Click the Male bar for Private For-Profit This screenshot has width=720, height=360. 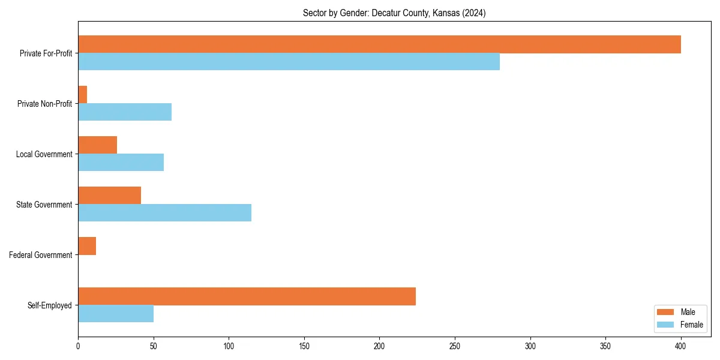(x=379, y=44)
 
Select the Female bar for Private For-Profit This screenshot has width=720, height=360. (x=289, y=62)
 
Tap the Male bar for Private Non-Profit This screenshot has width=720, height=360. (x=83, y=95)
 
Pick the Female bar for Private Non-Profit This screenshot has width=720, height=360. (x=125, y=112)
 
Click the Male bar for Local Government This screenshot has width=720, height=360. (x=97, y=145)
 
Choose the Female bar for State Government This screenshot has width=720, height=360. (x=164, y=213)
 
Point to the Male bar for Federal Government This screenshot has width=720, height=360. (x=87, y=246)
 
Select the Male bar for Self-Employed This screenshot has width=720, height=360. (x=247, y=296)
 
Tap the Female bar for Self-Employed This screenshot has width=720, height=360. (x=116, y=314)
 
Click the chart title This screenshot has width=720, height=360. (x=394, y=13)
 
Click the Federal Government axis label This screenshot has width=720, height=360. (x=41, y=255)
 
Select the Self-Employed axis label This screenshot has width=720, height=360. (x=50, y=305)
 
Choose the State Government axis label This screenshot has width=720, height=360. (x=44, y=205)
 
